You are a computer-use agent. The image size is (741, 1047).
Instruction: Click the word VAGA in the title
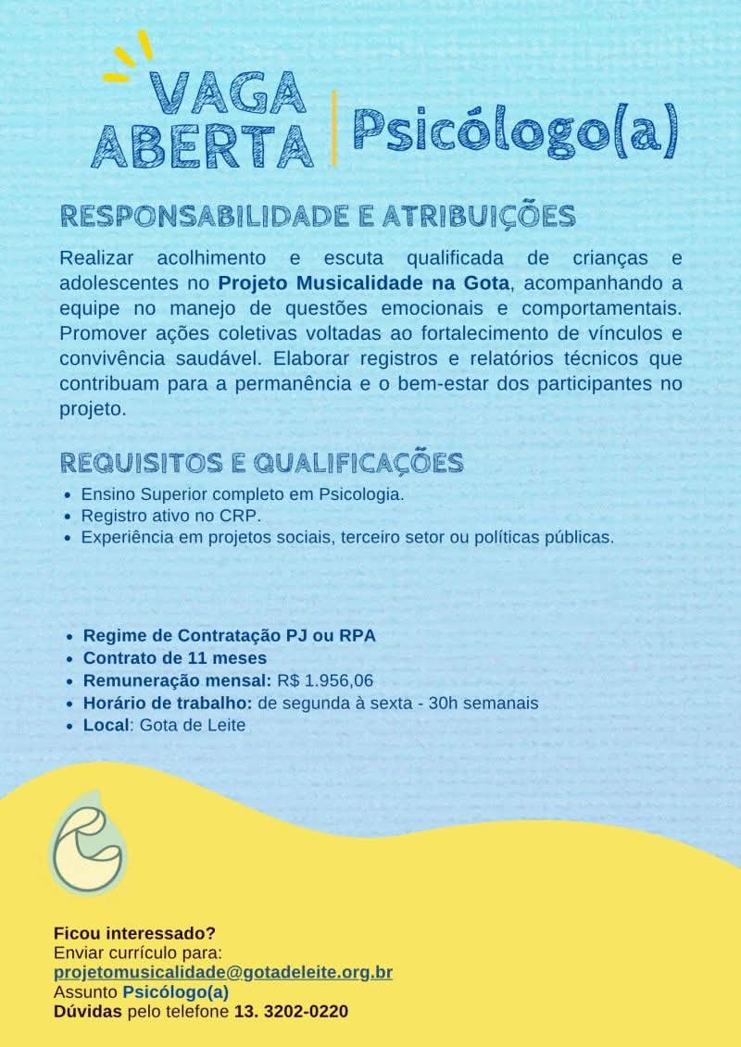(x=228, y=93)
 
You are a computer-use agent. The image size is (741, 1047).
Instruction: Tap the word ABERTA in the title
(x=203, y=144)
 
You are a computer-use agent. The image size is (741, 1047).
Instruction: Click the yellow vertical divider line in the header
(x=334, y=129)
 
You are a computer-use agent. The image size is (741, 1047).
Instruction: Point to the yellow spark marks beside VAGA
(x=130, y=57)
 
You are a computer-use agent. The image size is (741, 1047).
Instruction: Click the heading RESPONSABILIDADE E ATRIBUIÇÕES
(x=318, y=216)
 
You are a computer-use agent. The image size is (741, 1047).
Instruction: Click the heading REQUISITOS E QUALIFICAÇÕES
(x=262, y=462)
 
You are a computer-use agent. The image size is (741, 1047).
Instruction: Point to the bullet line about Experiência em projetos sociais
(x=347, y=536)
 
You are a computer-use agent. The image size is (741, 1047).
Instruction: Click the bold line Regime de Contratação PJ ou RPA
(x=230, y=636)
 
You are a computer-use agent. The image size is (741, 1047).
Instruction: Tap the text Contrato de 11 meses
(x=175, y=658)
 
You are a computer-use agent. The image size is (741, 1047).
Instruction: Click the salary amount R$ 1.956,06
(x=324, y=680)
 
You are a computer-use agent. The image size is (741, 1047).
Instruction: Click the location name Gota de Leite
(x=193, y=725)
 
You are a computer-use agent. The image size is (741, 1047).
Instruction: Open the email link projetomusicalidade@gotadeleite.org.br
(x=223, y=972)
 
